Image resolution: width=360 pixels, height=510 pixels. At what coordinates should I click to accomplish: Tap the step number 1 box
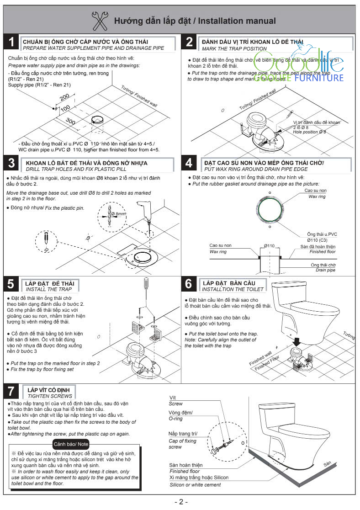(x=11, y=43)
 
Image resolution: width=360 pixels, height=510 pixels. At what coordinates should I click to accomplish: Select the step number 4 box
(x=189, y=164)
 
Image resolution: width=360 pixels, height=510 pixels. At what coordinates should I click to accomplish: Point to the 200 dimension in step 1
(x=64, y=97)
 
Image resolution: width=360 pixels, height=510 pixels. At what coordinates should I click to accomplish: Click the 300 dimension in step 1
(x=70, y=122)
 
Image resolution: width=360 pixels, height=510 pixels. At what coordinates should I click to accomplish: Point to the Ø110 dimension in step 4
(x=269, y=246)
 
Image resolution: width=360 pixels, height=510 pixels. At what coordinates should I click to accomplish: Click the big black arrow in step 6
(x=296, y=341)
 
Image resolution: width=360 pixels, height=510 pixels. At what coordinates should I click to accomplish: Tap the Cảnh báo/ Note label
(x=71, y=444)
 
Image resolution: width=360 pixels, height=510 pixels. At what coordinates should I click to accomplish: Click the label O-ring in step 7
(x=176, y=419)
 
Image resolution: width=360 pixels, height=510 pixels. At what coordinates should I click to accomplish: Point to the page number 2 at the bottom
(x=181, y=502)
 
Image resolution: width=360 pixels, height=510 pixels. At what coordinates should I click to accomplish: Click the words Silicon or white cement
(x=192, y=485)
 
